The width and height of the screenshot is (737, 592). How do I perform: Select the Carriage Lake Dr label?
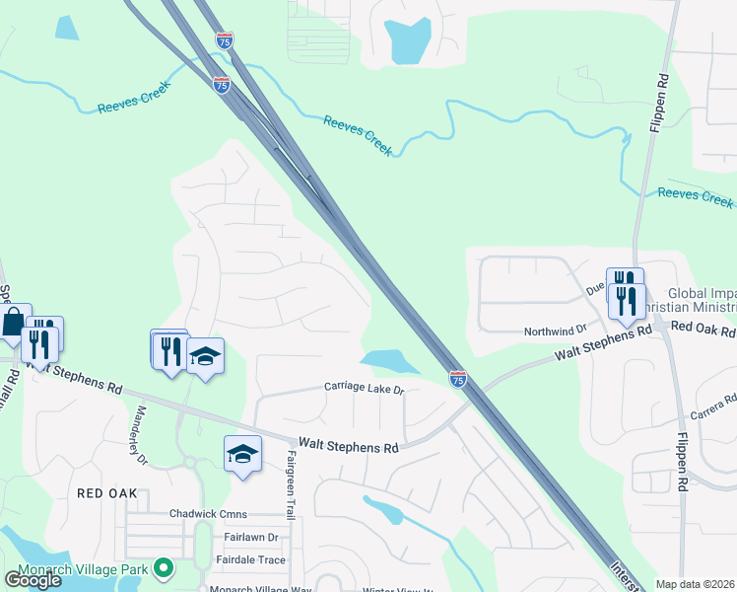click(x=365, y=389)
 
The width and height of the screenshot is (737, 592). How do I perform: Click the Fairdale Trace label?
click(x=250, y=560)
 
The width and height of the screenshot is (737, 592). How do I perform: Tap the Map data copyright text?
click(x=696, y=584)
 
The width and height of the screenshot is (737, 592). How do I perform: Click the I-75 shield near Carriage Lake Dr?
click(x=458, y=378)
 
